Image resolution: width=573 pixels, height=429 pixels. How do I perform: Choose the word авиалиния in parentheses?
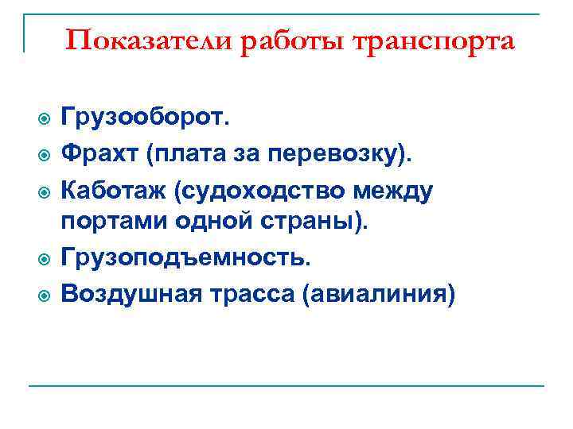(381, 294)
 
